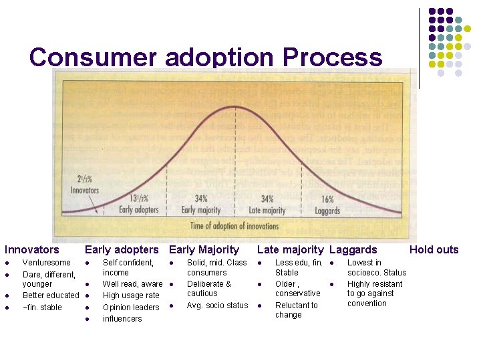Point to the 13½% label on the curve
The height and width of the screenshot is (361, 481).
[x=138, y=198]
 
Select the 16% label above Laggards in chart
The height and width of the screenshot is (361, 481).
[x=327, y=199]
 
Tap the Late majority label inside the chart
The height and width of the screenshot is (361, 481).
[x=267, y=210]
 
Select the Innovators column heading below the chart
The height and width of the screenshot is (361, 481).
[x=32, y=250]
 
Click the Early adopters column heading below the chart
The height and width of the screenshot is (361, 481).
[x=122, y=250]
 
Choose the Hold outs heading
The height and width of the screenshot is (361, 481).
[x=434, y=250]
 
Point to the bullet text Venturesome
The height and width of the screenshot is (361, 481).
[x=46, y=263]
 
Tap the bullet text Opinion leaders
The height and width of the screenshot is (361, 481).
[x=131, y=308]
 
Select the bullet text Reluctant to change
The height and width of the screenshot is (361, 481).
[x=296, y=310]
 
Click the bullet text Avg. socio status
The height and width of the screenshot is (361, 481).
[x=217, y=306]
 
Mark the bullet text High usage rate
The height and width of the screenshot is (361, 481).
[x=131, y=295]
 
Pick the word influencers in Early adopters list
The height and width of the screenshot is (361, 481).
[x=122, y=319]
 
